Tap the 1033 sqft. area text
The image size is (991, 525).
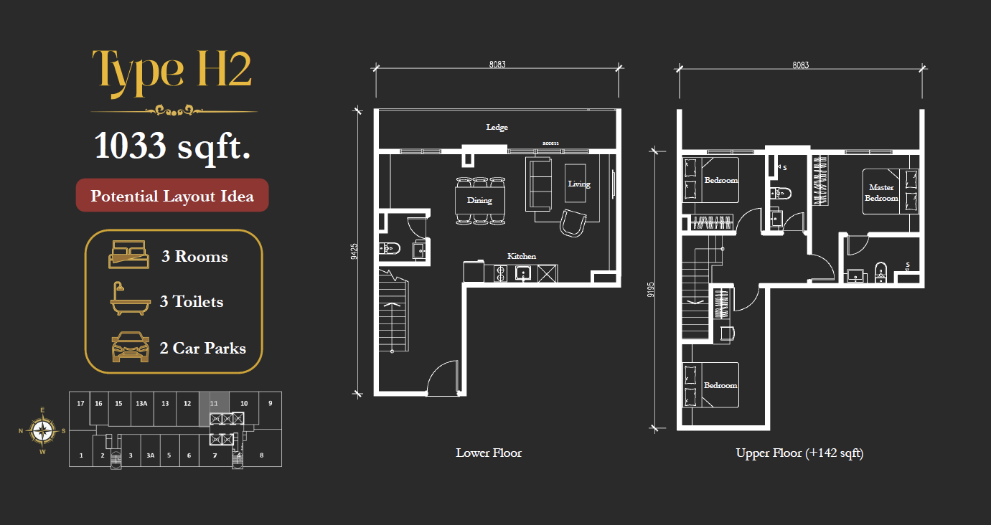tap(172, 146)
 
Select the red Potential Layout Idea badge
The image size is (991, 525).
tap(172, 196)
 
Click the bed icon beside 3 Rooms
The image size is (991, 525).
tap(128, 255)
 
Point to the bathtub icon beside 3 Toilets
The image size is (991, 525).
tap(130, 298)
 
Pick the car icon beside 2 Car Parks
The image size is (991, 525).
tap(130, 346)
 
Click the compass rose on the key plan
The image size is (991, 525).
tap(42, 430)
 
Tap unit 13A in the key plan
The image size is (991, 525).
tap(141, 403)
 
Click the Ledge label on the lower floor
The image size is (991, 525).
tap(497, 128)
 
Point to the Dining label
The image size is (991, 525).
tap(479, 200)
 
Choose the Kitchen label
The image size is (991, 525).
tap(522, 256)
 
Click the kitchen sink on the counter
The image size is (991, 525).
tap(523, 273)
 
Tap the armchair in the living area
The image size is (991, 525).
tap(573, 223)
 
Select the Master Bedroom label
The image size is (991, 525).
tap(881, 193)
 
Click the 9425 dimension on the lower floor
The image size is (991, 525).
tap(354, 251)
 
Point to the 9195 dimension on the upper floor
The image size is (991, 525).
tap(650, 289)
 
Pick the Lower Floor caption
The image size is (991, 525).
tap(489, 453)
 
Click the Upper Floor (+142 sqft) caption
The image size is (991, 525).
tap(799, 453)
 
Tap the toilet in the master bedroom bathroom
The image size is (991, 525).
tap(880, 271)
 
